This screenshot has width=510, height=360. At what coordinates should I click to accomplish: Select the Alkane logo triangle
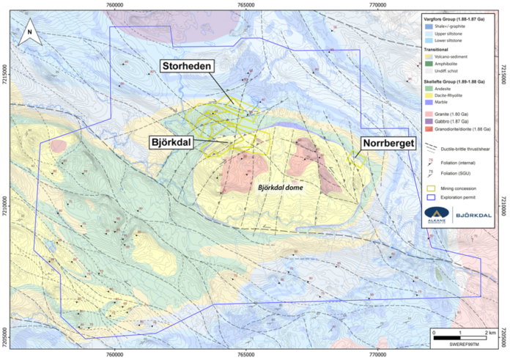(x=439, y=213)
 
